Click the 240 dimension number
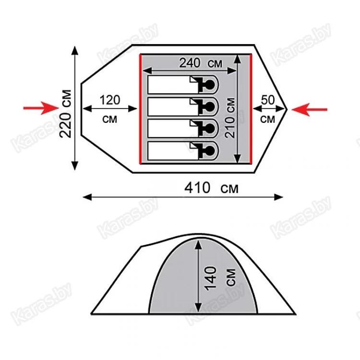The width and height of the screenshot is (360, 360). point(190,63)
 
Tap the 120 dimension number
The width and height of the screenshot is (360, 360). point(110,100)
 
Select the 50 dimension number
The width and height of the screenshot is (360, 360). point(268,100)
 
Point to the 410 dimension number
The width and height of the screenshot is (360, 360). point(197,188)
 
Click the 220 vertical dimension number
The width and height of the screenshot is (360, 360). point(65,125)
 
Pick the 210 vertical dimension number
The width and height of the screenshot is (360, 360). point(230,127)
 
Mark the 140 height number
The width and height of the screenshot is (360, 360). point(211,278)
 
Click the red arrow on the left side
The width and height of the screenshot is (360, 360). point(41,108)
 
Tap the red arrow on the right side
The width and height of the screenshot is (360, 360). point(310,109)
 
